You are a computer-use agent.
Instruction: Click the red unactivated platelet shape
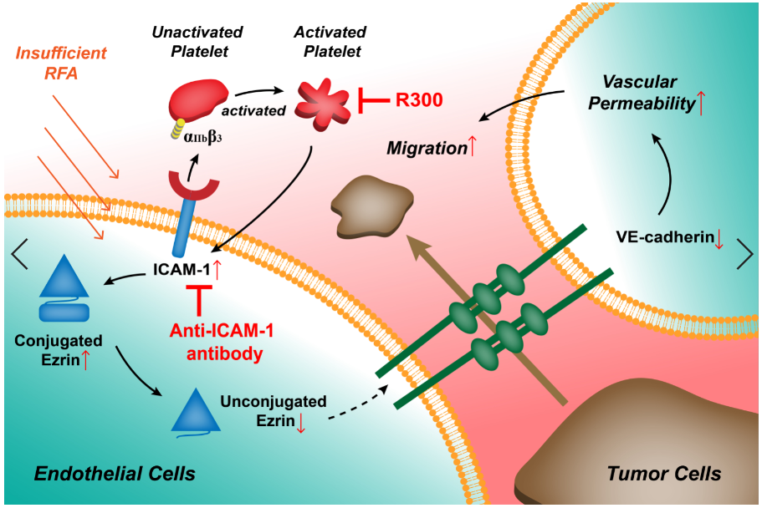[x=197, y=99]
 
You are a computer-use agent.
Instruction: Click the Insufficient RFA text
[x=61, y=63]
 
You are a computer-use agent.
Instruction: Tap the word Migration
[x=426, y=149]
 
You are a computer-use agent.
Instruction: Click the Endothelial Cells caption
[x=115, y=474]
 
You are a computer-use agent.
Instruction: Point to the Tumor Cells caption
[x=663, y=474]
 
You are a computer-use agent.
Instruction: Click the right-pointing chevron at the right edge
[x=744, y=253]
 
